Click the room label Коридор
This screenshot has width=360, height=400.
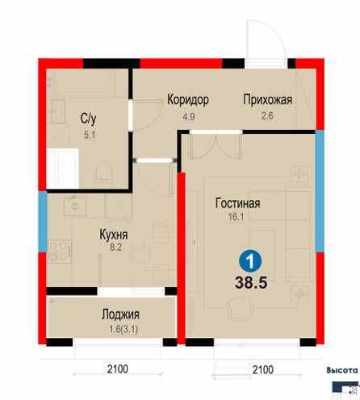pos(188,100)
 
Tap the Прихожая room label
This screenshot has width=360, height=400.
pos(267,100)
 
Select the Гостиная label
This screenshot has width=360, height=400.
pos(237,203)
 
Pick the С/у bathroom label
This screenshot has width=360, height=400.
pos(90,119)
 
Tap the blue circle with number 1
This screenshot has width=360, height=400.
pos(252,261)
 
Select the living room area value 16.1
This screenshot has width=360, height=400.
pos(237,217)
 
